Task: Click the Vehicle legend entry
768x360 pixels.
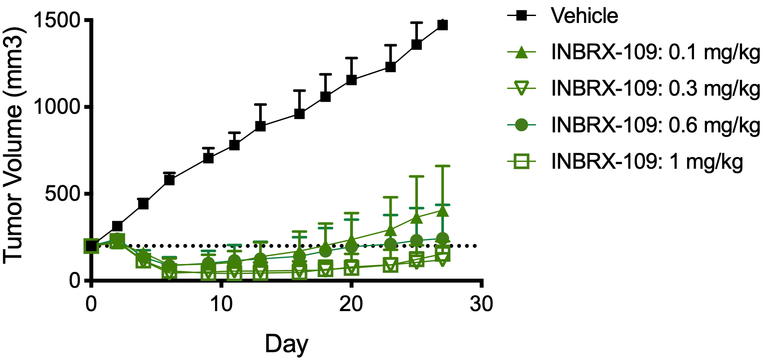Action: [584, 16]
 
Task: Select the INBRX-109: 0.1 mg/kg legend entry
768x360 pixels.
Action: [655, 52]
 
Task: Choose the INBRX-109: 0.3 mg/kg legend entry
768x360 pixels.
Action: [655, 89]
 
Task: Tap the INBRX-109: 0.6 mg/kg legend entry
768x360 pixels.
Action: [655, 125]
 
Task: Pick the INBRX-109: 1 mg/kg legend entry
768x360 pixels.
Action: [646, 162]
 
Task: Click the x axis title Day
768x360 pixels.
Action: [286, 344]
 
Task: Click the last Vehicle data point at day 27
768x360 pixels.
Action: [442, 25]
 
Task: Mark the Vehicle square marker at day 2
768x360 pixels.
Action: [117, 226]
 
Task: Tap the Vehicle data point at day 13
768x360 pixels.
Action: [260, 126]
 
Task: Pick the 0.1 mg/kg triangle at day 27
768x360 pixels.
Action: [442, 211]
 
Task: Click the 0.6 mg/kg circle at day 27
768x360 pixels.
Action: [442, 238]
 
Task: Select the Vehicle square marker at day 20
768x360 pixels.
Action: [351, 80]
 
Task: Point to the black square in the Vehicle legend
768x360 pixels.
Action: [522, 16]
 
